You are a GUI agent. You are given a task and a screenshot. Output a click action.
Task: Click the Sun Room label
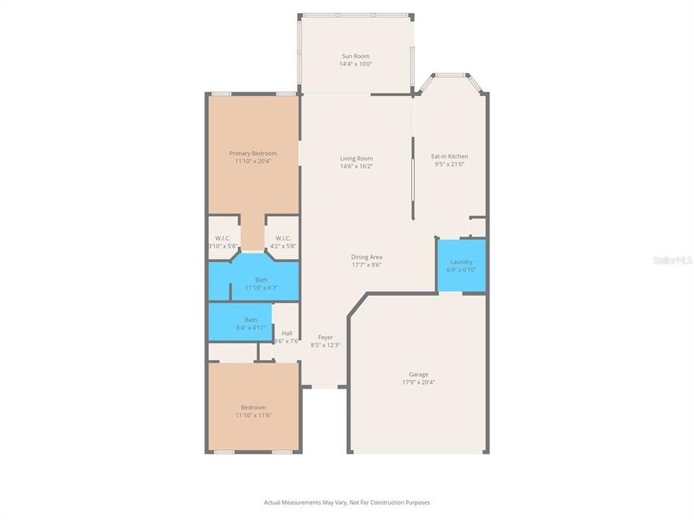pyautogui.click(x=355, y=56)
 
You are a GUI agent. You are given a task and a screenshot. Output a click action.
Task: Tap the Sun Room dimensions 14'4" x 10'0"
pyautogui.click(x=355, y=64)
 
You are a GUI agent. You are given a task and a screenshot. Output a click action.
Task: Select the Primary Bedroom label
pyautogui.click(x=253, y=153)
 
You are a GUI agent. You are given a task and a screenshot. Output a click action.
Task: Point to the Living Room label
pyautogui.click(x=356, y=158)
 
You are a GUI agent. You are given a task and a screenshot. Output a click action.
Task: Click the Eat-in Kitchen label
pyautogui.click(x=450, y=156)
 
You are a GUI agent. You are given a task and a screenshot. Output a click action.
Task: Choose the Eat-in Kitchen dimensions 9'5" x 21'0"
pyautogui.click(x=450, y=164)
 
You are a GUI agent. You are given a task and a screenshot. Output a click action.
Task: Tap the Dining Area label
pyautogui.click(x=367, y=256)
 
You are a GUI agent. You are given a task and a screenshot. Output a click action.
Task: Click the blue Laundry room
pyautogui.click(x=461, y=266)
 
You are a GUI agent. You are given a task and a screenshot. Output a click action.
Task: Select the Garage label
pyautogui.click(x=419, y=374)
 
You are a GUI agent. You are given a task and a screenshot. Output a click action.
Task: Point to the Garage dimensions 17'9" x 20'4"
pyautogui.click(x=419, y=382)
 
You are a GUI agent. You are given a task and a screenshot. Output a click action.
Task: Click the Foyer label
pyautogui.click(x=325, y=337)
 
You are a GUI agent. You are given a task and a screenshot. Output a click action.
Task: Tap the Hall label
pyautogui.click(x=287, y=333)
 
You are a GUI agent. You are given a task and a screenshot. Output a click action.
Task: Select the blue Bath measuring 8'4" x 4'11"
pyautogui.click(x=241, y=323)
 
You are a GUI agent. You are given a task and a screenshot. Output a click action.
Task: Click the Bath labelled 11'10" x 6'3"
pyautogui.click(x=260, y=283)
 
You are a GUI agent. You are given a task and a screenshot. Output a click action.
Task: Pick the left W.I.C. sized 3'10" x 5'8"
pyautogui.click(x=222, y=242)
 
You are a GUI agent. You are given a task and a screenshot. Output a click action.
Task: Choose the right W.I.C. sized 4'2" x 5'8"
pyautogui.click(x=283, y=242)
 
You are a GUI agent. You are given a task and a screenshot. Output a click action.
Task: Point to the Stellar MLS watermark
pyautogui.click(x=671, y=259)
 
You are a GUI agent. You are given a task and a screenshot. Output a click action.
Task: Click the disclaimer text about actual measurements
pyautogui.click(x=347, y=502)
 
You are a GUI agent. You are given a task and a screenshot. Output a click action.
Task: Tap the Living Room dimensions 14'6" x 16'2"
pyautogui.click(x=356, y=166)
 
